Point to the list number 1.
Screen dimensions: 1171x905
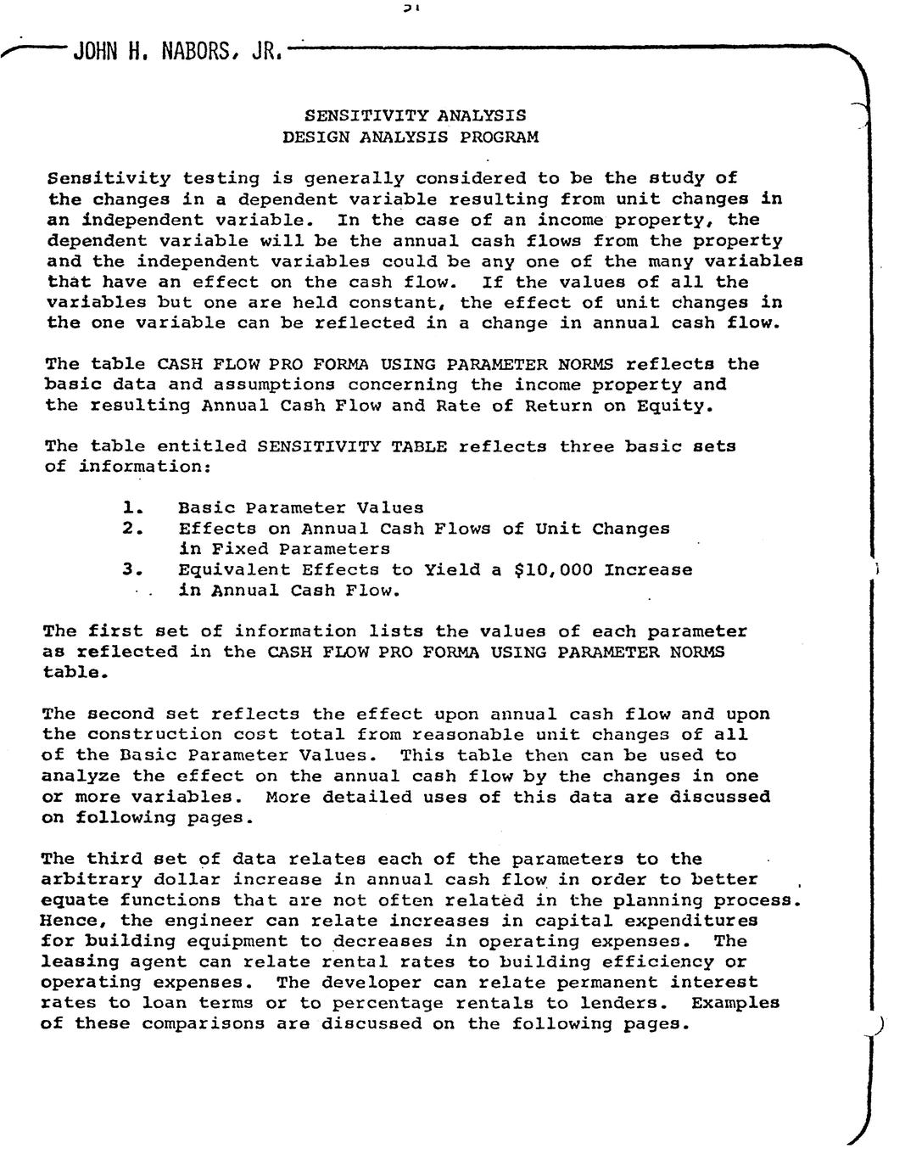130,508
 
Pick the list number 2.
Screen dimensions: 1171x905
130,529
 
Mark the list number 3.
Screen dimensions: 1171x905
130,569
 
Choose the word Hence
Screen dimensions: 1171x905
64,921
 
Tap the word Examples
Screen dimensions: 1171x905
735,1003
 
